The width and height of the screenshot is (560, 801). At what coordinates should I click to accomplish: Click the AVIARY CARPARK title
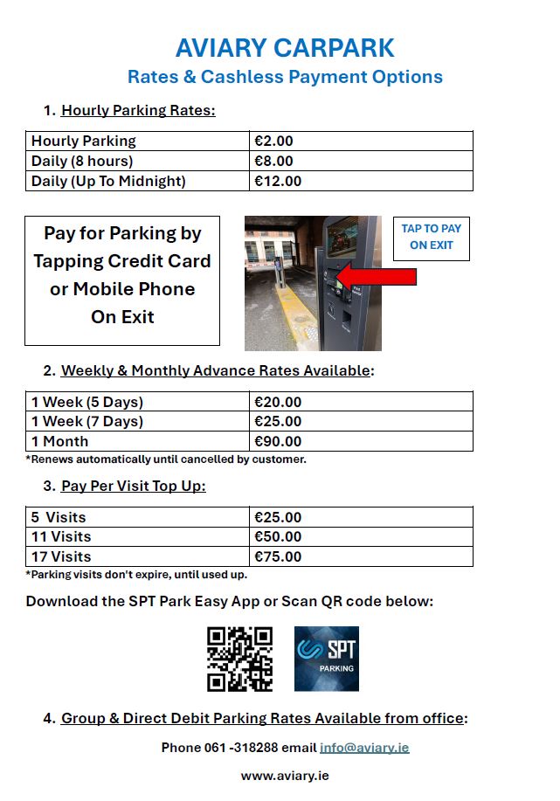pos(285,47)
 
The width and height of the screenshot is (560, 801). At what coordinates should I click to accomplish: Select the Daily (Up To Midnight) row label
pos(109,181)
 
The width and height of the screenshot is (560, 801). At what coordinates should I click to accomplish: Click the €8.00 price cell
pos(273,161)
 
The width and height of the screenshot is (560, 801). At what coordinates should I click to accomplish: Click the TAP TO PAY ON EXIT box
pos(431,238)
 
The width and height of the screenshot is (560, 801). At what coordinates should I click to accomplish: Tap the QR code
pos(239,659)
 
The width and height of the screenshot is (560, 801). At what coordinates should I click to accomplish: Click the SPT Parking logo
pos(326,659)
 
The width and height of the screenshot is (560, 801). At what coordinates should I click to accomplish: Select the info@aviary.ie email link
pos(364,748)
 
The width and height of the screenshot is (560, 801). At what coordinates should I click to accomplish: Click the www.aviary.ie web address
pos(285,776)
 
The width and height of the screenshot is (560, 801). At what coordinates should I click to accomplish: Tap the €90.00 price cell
pos(278,441)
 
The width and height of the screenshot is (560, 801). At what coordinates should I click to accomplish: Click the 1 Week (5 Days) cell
pos(87,402)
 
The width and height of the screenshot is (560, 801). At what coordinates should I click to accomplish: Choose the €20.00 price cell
pos(278,402)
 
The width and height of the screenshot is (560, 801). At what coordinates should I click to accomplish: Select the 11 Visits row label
pos(61,536)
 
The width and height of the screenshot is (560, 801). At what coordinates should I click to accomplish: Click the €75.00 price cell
pos(278,556)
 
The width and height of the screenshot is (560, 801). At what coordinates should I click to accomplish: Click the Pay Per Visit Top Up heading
pos(133,486)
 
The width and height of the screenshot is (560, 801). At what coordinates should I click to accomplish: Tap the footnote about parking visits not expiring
pos(136,575)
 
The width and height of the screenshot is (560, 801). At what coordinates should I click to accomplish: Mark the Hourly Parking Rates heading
pos(138,110)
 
